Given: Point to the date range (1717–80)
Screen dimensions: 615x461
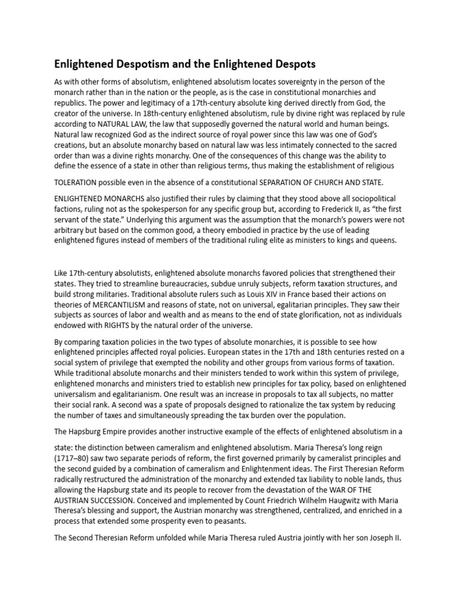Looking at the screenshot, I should coord(75,449).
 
